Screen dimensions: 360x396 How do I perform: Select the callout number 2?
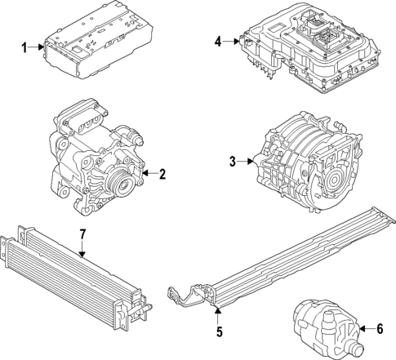pyautogui.click(x=162, y=173)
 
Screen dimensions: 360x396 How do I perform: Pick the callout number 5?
pyautogui.click(x=218, y=331)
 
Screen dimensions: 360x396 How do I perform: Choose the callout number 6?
pyautogui.click(x=378, y=328)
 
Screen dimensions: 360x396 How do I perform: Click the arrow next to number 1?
pyautogui.click(x=38, y=48)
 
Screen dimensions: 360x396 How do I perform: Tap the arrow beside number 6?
pyautogui.click(x=365, y=328)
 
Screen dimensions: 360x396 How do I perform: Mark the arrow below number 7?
pyautogui.click(x=82, y=250)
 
